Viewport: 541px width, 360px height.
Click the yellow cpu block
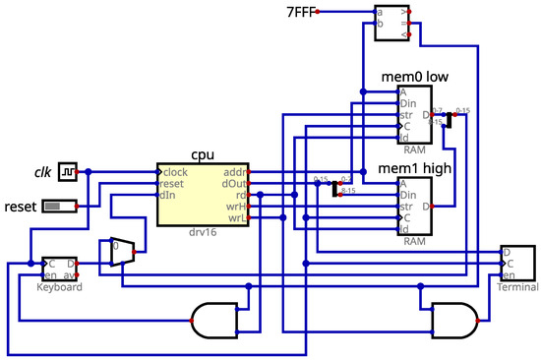click(202, 195)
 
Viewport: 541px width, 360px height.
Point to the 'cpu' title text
click(204, 154)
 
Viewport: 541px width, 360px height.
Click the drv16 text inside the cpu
click(202, 232)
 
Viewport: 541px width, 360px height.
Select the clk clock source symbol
click(68, 172)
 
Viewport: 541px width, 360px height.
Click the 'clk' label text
click(42, 172)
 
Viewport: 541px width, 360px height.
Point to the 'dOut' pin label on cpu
click(233, 183)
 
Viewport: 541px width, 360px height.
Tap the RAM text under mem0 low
click(414, 151)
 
